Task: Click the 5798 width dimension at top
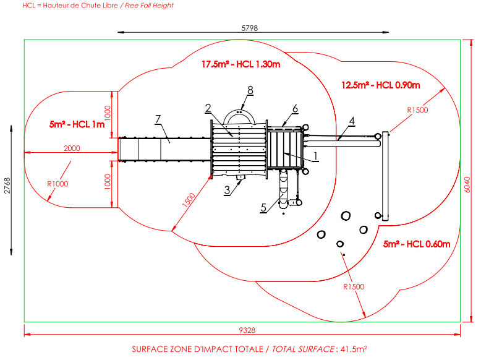pyautogui.click(x=250, y=28)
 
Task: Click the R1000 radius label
pyautogui.click(x=57, y=184)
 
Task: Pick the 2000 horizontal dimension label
pyautogui.click(x=72, y=148)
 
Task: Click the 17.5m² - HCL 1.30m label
pyautogui.click(x=241, y=64)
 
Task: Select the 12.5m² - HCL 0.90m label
pyautogui.click(x=381, y=85)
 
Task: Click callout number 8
pyautogui.click(x=250, y=90)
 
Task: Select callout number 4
pyautogui.click(x=351, y=121)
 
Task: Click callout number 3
pyautogui.click(x=228, y=190)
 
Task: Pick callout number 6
pyautogui.click(x=295, y=108)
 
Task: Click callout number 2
pyautogui.click(x=209, y=108)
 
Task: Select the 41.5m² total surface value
pyautogui.click(x=353, y=349)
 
